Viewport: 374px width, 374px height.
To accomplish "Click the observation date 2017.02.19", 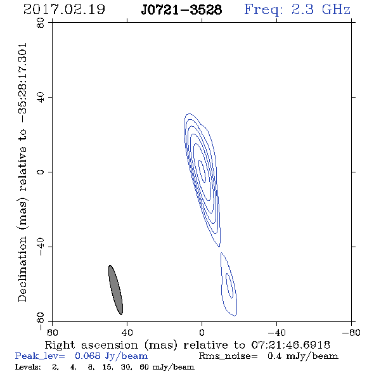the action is click(x=64, y=10).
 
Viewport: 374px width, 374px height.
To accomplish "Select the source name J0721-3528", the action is click(x=181, y=10).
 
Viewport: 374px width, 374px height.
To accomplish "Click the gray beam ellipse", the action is click(x=115, y=290).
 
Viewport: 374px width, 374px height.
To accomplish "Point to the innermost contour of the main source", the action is click(x=202, y=172).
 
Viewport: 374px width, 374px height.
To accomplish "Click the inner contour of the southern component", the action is click(x=229, y=285).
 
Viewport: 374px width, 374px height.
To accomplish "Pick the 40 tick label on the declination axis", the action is click(x=41, y=98).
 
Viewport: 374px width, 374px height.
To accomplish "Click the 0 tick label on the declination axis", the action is click(x=41, y=172).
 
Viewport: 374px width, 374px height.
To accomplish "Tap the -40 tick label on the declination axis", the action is click(x=41, y=247).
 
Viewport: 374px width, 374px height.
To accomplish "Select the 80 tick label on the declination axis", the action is click(x=41, y=23).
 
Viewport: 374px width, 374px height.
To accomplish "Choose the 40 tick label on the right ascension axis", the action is click(x=127, y=333).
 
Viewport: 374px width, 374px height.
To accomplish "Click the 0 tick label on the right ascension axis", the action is click(x=202, y=333).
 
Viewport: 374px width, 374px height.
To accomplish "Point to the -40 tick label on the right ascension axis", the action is click(x=276, y=333).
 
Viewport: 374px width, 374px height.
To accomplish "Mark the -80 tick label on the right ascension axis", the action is click(x=351, y=333).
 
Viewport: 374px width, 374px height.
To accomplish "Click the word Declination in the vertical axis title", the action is click(x=22, y=269).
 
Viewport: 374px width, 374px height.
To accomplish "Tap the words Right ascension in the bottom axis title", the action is click(x=91, y=345).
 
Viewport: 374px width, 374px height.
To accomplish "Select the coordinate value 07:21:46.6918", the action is click(x=290, y=345).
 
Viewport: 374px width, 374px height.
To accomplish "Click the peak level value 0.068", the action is click(x=87, y=356).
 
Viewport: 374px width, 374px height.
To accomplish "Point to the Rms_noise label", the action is click(x=228, y=356).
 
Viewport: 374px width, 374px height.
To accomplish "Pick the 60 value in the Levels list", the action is click(x=144, y=366).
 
